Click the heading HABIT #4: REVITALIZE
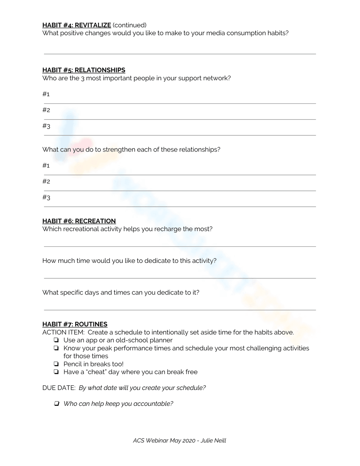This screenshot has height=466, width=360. click(x=76, y=25)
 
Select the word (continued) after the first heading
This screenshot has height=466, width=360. click(x=130, y=25)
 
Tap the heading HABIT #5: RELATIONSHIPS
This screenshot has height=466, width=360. click(x=84, y=70)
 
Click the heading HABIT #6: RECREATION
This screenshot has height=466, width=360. click(x=79, y=221)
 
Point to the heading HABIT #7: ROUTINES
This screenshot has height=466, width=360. click(x=75, y=324)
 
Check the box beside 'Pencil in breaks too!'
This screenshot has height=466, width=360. click(x=56, y=364)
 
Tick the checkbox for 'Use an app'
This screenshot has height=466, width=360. click(x=56, y=340)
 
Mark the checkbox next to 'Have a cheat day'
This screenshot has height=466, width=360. click(x=56, y=372)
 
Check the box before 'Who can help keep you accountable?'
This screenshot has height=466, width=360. click(x=56, y=404)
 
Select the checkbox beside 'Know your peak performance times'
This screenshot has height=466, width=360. click(x=56, y=348)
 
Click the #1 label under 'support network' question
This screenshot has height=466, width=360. click(x=46, y=94)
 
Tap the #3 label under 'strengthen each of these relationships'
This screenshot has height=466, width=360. click(x=46, y=197)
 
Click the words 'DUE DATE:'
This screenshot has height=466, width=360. click(x=59, y=388)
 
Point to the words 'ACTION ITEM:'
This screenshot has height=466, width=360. click(x=63, y=332)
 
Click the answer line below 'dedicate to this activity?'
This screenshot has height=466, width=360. click(x=180, y=278)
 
